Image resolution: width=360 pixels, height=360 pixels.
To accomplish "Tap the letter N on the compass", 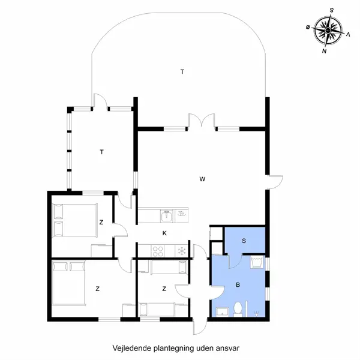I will tap(324, 52).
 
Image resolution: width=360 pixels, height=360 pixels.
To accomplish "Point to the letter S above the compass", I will tap(332, 10).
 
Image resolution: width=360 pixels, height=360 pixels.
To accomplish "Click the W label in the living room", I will tap(203, 179).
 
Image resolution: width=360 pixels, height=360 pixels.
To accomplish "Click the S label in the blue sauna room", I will tap(244, 241).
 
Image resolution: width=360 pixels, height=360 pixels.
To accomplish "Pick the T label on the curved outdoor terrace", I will tap(182, 72).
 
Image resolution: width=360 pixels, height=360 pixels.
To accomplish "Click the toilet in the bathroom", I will tap(239, 308).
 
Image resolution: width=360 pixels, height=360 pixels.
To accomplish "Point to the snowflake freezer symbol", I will tap(179, 251).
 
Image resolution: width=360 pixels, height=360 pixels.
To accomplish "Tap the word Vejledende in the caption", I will tap(129, 347).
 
